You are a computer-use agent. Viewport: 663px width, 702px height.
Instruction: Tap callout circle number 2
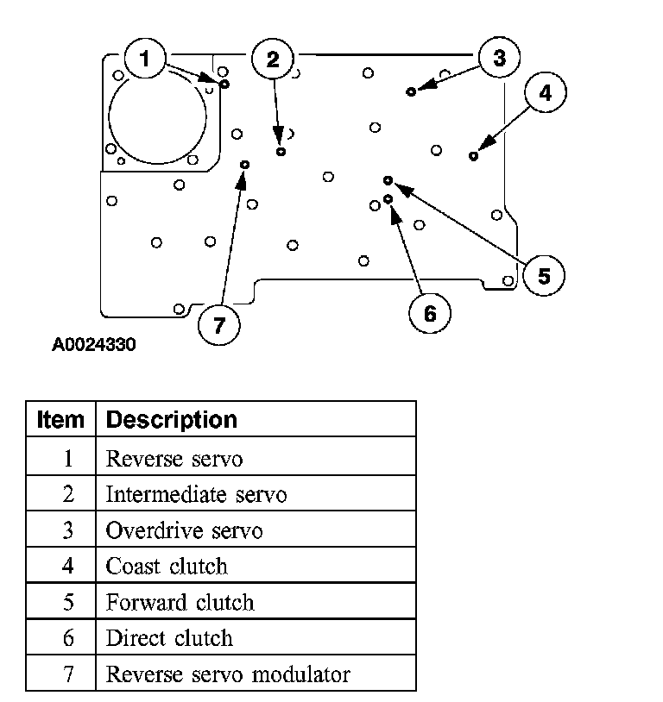(x=273, y=59)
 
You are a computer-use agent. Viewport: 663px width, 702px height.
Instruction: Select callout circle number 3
(x=499, y=59)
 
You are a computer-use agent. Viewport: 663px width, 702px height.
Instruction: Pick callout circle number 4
(x=545, y=92)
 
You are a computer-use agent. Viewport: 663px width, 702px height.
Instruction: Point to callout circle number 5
(x=544, y=276)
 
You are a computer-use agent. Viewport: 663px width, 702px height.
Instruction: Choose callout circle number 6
(x=430, y=313)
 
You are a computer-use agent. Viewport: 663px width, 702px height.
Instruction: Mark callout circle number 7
(x=218, y=325)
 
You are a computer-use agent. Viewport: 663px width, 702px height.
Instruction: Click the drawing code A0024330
(x=93, y=345)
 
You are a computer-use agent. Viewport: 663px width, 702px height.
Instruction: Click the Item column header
(x=61, y=420)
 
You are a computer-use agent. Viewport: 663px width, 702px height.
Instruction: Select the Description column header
(x=171, y=420)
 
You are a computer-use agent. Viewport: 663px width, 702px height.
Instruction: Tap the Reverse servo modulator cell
(x=228, y=674)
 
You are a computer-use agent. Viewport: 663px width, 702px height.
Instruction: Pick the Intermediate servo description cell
(x=196, y=494)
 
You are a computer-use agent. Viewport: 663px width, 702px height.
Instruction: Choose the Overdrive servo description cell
(x=184, y=530)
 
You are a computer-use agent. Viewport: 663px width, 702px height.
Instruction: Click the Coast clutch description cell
(x=167, y=567)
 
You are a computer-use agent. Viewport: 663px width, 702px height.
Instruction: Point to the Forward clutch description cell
(x=180, y=602)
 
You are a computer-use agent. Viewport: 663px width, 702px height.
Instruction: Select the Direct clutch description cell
(x=169, y=638)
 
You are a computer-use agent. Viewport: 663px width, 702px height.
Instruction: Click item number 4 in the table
(x=67, y=567)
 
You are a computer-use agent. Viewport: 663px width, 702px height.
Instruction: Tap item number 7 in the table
(x=67, y=674)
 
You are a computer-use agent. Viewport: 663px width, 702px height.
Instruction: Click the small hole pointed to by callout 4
(x=473, y=156)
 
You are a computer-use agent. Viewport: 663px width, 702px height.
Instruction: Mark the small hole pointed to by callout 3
(x=412, y=91)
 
